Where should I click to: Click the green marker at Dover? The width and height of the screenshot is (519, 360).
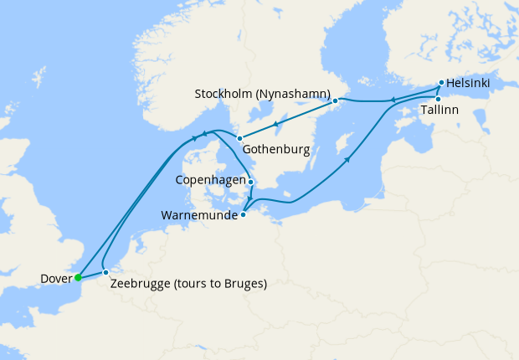tap(77, 277)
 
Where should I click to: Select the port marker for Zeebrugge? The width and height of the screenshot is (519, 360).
tap(105, 273)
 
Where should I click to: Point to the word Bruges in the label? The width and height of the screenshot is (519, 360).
tap(241, 284)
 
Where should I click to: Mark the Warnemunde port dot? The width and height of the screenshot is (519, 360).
tap(244, 214)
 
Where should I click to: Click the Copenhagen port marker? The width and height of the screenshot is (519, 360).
tap(250, 181)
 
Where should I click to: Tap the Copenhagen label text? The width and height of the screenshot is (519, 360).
tap(212, 181)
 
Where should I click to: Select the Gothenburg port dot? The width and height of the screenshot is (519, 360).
tap(239, 138)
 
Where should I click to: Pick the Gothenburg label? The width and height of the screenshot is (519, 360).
tap(277, 150)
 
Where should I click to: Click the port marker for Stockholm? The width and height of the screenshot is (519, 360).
tap(335, 101)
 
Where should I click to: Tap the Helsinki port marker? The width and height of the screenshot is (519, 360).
tap(441, 84)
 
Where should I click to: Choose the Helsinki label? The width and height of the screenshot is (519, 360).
tap(468, 84)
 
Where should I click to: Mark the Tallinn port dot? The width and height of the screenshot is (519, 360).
tap(438, 100)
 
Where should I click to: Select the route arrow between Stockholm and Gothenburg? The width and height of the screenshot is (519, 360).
tap(277, 124)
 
